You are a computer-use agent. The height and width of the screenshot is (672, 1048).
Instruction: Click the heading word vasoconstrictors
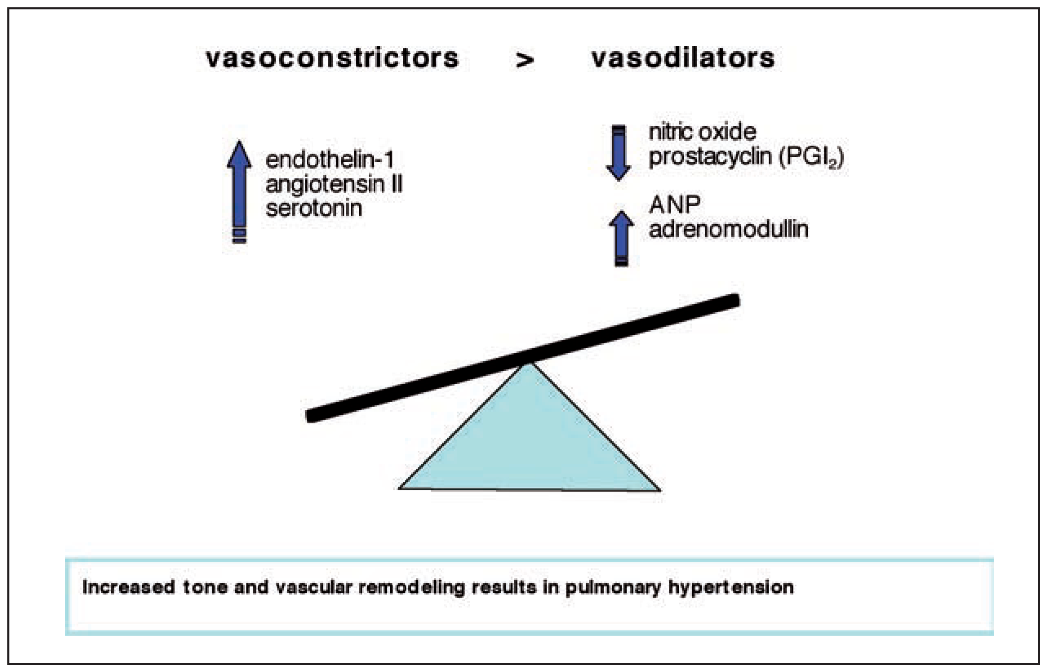coord(332,58)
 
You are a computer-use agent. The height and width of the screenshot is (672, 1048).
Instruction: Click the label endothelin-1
coord(330,160)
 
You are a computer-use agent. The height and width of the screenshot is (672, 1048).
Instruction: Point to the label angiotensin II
coord(334,184)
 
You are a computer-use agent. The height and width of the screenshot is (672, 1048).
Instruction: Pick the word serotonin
coord(314,208)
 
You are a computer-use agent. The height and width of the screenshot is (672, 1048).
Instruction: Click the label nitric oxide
coord(702,132)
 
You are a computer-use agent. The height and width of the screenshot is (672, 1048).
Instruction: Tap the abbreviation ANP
coord(675,205)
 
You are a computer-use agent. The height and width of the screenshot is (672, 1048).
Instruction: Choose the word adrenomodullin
coord(729,229)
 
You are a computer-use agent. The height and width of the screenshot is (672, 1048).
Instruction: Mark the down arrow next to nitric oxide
coord(618,153)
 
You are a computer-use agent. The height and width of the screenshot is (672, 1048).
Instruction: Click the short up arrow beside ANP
coord(621,238)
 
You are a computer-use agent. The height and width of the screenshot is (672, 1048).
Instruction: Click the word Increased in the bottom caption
coord(129,587)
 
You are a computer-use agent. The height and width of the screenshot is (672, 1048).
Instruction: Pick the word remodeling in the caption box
coord(411,587)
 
